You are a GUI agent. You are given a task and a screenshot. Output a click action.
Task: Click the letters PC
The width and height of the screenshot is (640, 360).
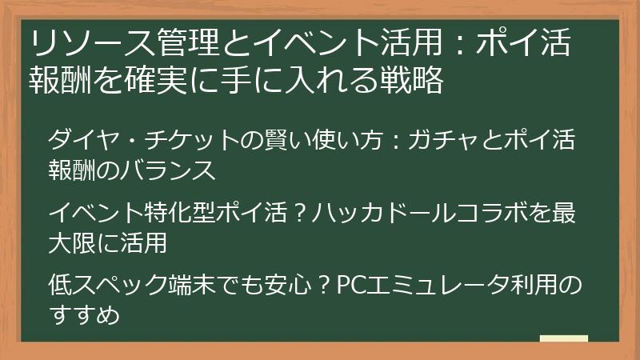(x=350, y=286)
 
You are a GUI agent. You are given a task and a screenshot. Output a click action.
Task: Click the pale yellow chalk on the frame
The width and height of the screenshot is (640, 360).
(x=564, y=338)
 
